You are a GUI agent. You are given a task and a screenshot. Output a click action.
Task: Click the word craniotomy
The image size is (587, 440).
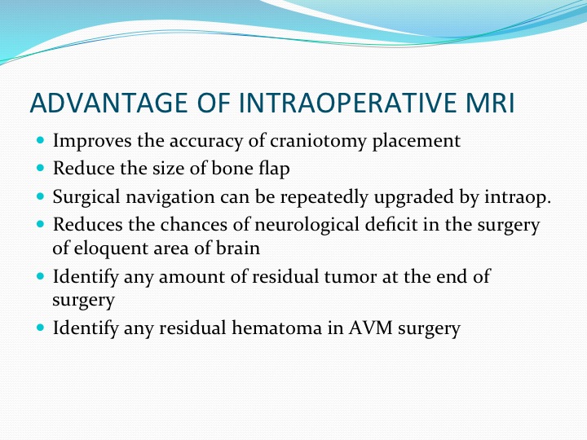318,142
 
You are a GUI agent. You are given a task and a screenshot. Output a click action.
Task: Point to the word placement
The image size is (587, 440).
417,142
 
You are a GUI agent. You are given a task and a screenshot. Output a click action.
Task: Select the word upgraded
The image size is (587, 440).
414,197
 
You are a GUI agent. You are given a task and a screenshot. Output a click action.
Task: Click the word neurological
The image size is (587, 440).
307,225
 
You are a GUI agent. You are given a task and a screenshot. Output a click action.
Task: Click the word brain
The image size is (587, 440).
238,248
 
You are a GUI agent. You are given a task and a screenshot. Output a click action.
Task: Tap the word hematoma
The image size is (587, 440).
276,328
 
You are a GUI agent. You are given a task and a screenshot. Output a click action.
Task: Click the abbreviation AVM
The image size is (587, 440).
371,328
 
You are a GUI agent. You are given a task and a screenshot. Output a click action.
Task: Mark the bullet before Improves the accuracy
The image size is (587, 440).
41,140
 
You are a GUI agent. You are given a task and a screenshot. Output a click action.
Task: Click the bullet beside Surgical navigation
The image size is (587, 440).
41,196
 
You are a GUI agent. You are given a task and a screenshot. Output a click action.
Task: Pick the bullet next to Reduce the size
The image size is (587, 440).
41,168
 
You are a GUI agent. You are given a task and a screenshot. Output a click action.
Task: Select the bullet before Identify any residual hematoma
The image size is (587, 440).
41,328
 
